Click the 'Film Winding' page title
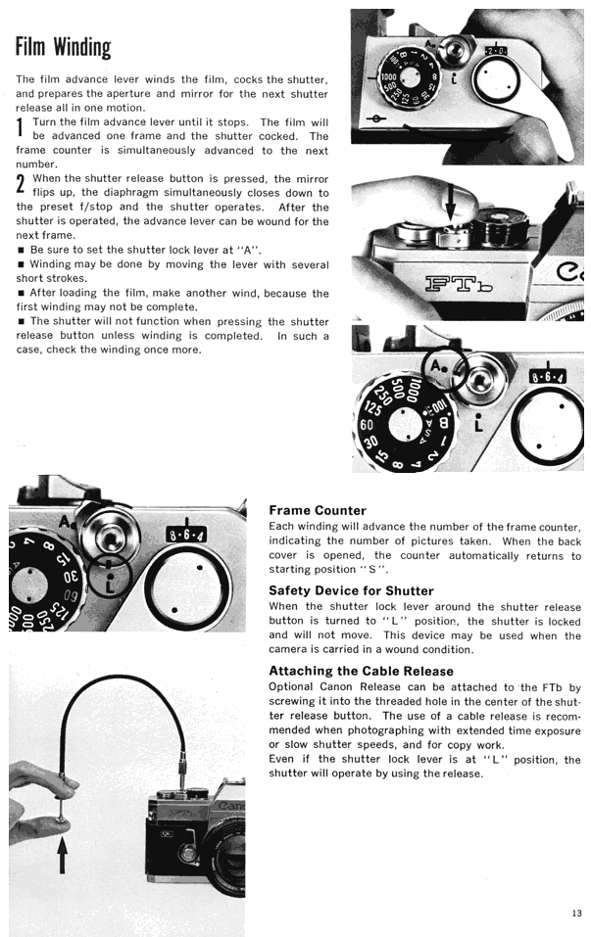(x=64, y=47)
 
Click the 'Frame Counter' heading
(x=317, y=510)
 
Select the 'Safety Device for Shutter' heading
(x=351, y=590)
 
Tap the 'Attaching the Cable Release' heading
(x=361, y=671)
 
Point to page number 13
(x=576, y=913)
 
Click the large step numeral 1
(x=20, y=128)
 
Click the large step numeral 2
(x=21, y=184)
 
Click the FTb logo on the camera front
(x=460, y=283)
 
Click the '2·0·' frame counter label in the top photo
(x=496, y=51)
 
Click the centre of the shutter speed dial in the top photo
(x=410, y=77)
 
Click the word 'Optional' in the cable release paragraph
(x=291, y=687)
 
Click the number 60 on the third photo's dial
(x=367, y=425)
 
